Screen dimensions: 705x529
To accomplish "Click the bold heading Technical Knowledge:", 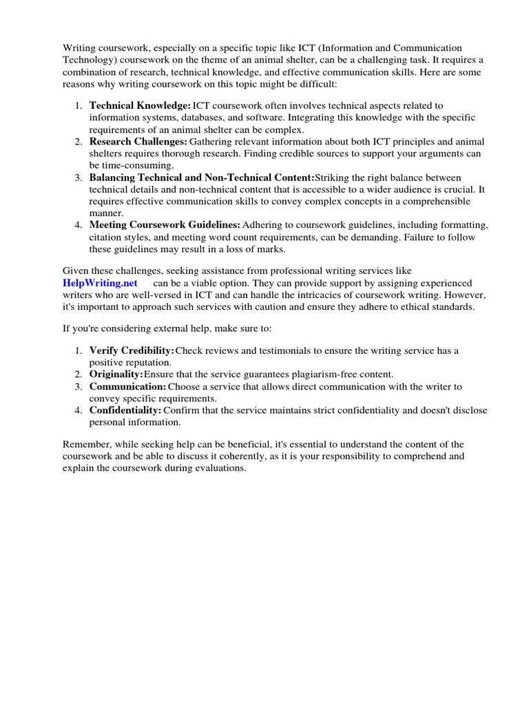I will [x=140, y=105].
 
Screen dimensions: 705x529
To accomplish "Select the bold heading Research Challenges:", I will [x=138, y=141].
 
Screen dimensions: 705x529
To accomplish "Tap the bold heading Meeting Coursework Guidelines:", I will [x=165, y=225].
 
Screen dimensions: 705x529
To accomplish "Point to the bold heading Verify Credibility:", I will [x=132, y=350].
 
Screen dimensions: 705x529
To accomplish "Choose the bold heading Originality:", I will [x=116, y=375].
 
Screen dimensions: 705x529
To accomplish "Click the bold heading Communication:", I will [x=127, y=386].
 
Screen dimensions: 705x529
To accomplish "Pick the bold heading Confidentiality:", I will [x=125, y=410].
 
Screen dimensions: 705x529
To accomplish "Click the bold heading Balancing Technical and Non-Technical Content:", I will [x=201, y=177].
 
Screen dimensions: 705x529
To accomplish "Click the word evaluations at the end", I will [x=222, y=468].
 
